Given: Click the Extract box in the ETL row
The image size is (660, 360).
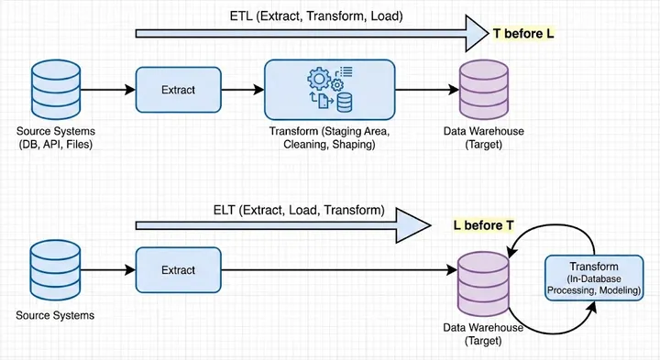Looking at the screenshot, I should point(179,89).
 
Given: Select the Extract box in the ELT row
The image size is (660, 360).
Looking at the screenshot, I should point(179,269).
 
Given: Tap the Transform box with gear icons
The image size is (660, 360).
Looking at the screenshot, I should point(329,89).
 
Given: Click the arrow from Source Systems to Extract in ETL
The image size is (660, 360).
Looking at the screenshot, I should point(104,89).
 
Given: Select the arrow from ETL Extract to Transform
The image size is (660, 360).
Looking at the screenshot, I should point(243,89).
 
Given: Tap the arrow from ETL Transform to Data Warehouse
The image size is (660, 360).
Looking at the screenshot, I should point(426,89).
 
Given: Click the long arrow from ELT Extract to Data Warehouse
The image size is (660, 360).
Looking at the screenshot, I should point(339,269).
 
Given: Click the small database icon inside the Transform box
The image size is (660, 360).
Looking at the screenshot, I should point(343,100).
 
